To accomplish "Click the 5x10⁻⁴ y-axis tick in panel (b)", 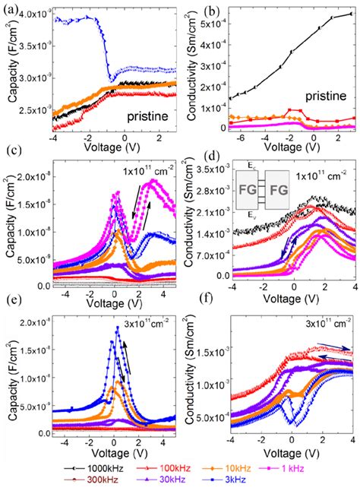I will tap(214, 17).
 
